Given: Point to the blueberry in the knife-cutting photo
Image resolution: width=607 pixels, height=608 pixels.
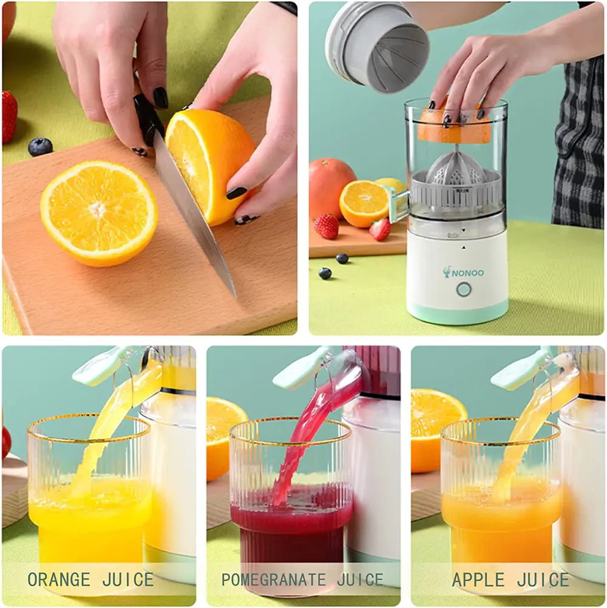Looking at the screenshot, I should click(x=40, y=146).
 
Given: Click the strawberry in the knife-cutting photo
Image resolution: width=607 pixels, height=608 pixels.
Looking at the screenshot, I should click(x=9, y=115).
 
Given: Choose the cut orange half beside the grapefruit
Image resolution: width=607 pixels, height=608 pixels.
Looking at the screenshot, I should click(x=364, y=203).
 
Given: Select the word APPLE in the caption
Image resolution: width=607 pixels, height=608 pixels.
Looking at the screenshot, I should click(x=479, y=579).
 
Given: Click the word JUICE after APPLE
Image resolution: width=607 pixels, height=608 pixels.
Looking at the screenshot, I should click(x=543, y=579).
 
